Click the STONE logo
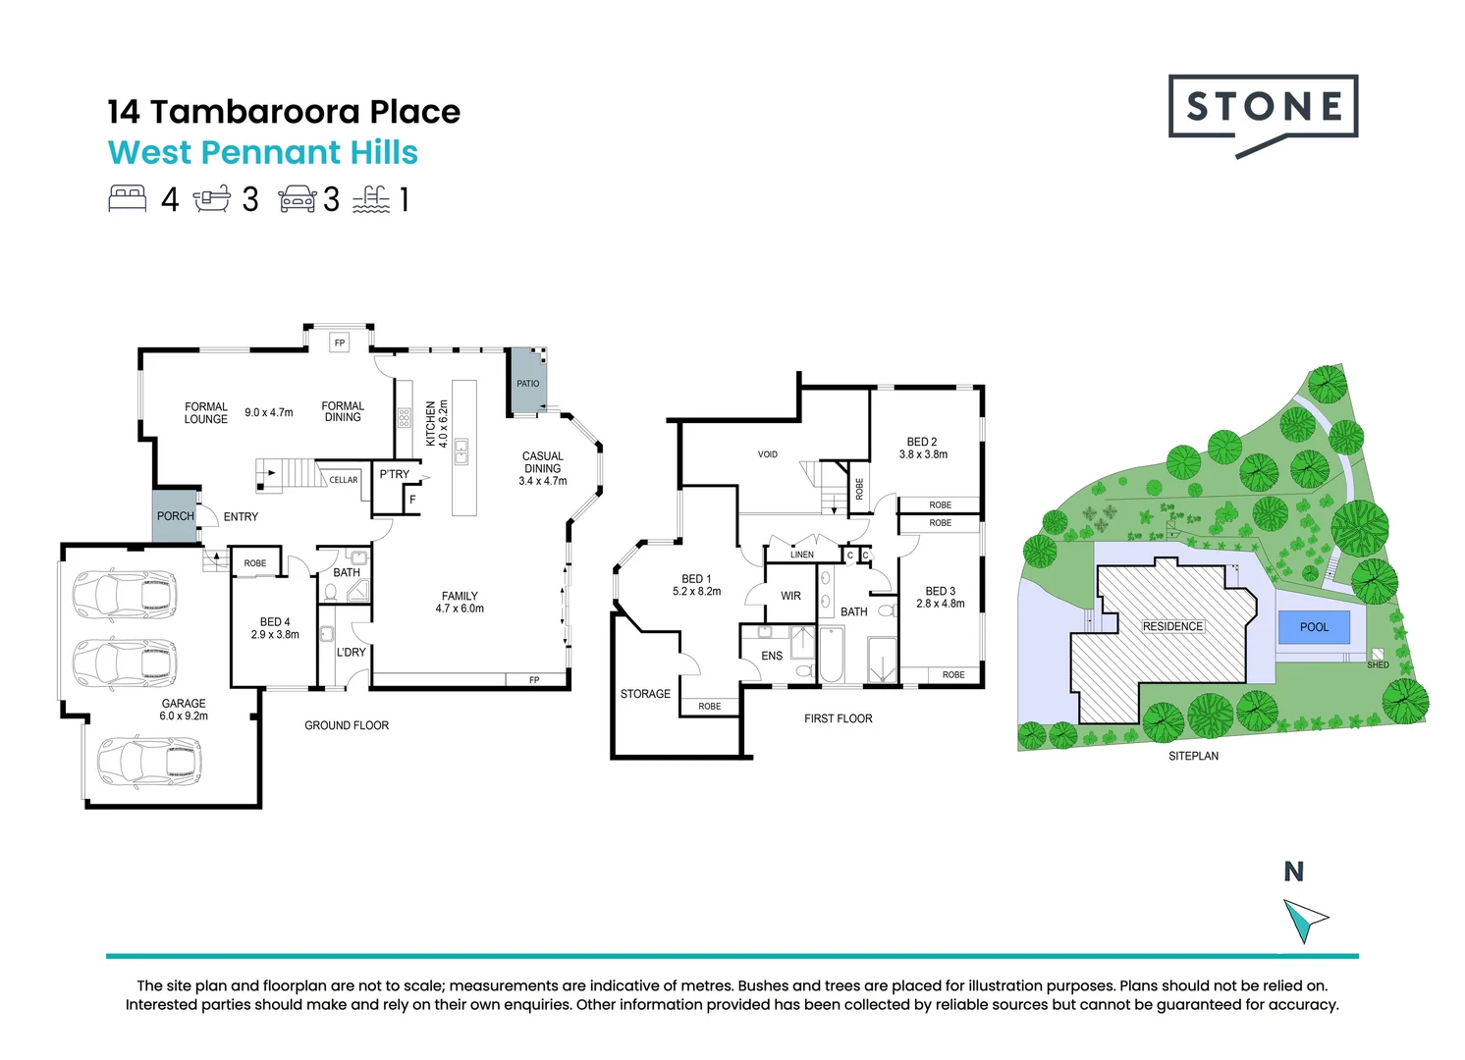[x=1263, y=108]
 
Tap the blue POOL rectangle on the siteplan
[x=1314, y=627]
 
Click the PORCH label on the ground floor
[x=176, y=516]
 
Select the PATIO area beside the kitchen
[x=527, y=383]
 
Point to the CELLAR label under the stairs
[x=344, y=480]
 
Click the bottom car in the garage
[x=148, y=762]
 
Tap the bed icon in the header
[x=127, y=199]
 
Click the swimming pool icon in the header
[x=371, y=199]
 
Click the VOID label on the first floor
[x=768, y=454]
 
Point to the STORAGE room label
[x=645, y=694]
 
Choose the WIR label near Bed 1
[x=790, y=596]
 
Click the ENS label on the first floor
[x=772, y=656]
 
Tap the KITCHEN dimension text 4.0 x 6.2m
[x=443, y=424]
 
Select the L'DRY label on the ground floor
[x=351, y=652]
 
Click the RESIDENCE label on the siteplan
[x=1172, y=626]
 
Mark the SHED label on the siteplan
[x=1378, y=664]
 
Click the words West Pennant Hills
[x=263, y=153]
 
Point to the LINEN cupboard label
[x=802, y=555]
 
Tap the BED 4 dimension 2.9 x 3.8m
[x=275, y=635]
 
